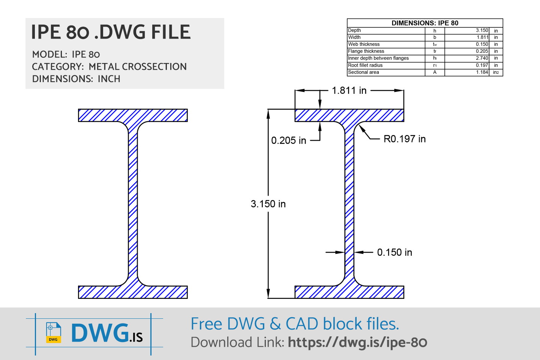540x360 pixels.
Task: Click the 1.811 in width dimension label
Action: (x=349, y=90)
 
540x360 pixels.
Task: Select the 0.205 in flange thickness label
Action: (x=288, y=141)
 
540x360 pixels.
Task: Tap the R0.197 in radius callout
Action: (x=404, y=139)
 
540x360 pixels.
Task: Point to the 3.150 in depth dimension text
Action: (x=268, y=204)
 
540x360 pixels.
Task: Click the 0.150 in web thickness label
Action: (x=394, y=252)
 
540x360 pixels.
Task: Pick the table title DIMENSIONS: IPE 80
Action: (x=425, y=23)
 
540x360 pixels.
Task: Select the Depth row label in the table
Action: (x=354, y=30)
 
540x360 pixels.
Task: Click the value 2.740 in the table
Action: (x=482, y=58)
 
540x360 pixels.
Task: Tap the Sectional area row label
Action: (x=363, y=72)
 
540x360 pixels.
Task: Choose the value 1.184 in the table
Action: (x=482, y=72)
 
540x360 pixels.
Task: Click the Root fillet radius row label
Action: (x=365, y=65)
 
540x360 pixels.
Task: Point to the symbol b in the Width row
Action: (x=435, y=37)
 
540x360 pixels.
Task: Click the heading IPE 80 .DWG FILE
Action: (x=111, y=32)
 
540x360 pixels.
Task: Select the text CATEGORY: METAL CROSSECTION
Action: (x=109, y=67)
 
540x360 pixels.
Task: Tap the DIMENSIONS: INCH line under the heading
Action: (x=76, y=79)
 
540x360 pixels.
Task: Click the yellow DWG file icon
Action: (x=53, y=333)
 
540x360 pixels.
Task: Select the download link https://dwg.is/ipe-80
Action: (x=357, y=342)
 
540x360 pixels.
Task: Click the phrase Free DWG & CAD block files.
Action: (x=295, y=324)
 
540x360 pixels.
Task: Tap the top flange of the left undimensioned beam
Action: (x=133, y=115)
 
